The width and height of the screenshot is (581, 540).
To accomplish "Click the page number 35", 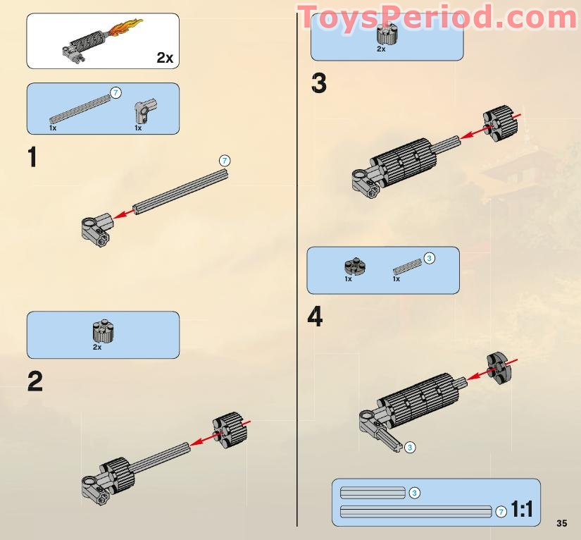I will point(561,523).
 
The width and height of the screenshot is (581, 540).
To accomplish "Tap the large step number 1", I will point(32,157).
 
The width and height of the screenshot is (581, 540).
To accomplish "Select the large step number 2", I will point(35,381).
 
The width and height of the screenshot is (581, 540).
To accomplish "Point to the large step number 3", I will point(319,84).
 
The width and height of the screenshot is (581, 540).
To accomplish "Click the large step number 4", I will point(315,317).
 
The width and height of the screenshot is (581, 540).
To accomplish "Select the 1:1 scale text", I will point(521,510).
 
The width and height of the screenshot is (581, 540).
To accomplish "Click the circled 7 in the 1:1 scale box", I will point(501,512).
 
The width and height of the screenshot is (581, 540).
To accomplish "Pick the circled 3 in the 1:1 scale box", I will point(415,493).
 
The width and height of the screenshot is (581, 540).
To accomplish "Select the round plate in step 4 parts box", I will point(355,266).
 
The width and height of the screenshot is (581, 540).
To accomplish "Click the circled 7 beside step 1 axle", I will point(225,161).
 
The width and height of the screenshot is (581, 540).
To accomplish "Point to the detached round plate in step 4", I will point(498,367).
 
